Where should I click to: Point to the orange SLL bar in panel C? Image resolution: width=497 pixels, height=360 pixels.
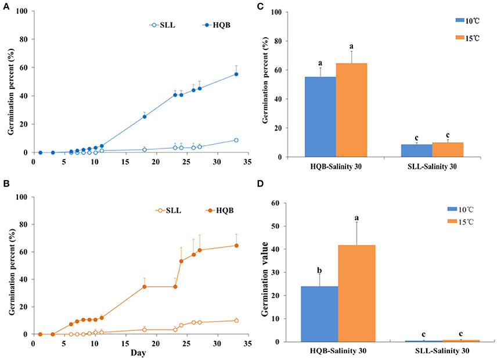pyautogui.click(x=447, y=150)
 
